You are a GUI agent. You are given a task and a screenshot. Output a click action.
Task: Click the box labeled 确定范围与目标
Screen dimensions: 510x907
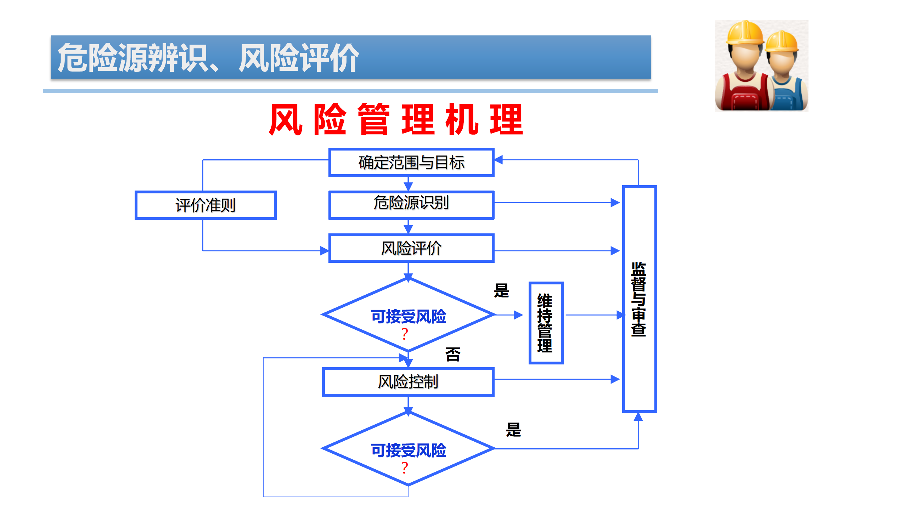click(x=411, y=163)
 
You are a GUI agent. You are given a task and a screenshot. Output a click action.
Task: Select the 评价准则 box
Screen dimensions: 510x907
click(x=205, y=205)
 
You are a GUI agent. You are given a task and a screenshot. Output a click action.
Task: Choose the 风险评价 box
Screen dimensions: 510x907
click(x=411, y=248)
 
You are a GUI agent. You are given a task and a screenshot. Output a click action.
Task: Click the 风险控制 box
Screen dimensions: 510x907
click(x=408, y=382)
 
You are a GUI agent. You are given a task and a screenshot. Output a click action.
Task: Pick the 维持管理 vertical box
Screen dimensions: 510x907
click(x=546, y=323)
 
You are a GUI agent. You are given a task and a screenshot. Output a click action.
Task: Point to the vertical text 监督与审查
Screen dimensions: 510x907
click(x=639, y=299)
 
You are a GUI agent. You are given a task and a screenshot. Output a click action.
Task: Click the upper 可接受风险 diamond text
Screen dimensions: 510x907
click(x=408, y=316)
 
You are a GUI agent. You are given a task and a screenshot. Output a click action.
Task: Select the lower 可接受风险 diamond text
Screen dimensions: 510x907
click(x=408, y=450)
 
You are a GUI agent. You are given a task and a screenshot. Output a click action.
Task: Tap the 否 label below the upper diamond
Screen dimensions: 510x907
click(x=453, y=355)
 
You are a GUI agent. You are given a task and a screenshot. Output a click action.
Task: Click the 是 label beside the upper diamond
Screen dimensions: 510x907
click(x=501, y=291)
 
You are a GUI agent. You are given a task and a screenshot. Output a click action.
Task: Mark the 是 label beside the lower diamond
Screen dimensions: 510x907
click(x=513, y=430)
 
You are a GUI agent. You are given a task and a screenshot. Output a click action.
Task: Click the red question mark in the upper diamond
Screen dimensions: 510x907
click(x=405, y=334)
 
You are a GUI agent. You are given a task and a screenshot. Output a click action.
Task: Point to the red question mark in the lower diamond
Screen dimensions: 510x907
click(x=405, y=468)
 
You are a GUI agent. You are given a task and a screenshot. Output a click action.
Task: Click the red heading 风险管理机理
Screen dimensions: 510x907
click(x=396, y=120)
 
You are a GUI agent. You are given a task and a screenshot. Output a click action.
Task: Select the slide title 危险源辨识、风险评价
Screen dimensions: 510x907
click(x=208, y=58)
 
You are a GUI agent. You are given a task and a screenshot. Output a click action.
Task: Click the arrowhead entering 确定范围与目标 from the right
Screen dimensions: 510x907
click(x=499, y=160)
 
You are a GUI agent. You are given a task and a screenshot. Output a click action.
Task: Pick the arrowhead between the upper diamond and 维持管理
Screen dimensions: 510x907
click(x=518, y=315)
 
